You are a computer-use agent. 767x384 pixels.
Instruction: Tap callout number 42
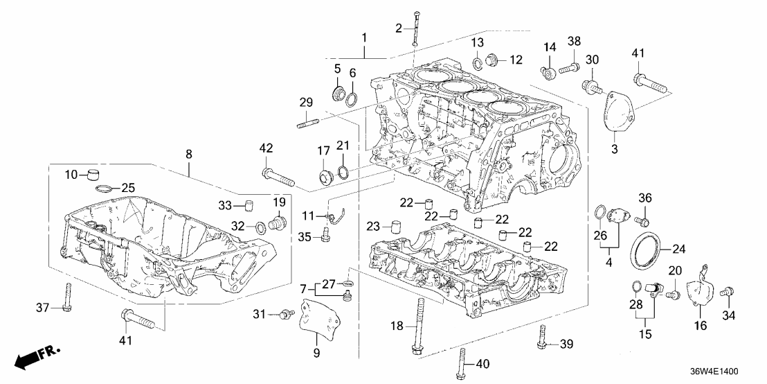[x=266, y=148]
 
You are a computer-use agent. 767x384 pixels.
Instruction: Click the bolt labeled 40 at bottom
[x=461, y=363]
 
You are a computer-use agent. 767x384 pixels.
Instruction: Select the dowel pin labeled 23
[x=397, y=226]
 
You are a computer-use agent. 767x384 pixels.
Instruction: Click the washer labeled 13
[x=478, y=64]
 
